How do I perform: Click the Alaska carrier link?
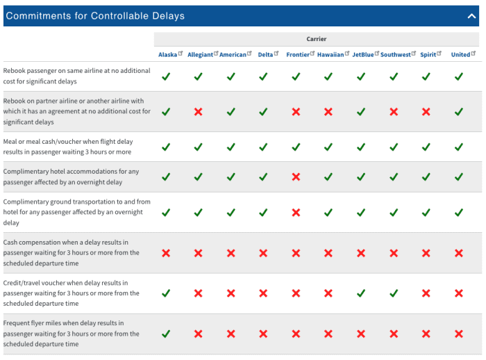tap(167, 55)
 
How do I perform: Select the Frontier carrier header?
tap(298, 55)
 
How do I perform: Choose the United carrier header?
tap(460, 55)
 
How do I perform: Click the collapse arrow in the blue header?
tap(472, 16)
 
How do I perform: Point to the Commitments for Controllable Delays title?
tap(95, 16)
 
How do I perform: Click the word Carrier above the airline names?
tap(317, 40)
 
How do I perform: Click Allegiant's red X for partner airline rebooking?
tap(198, 111)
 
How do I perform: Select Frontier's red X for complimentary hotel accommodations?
tap(296, 177)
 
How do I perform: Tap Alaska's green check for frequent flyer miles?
tap(166, 334)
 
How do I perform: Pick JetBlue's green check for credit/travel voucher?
tap(361, 293)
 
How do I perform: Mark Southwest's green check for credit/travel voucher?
tap(394, 293)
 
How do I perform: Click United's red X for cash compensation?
tap(458, 253)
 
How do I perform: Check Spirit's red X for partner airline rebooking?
tap(426, 111)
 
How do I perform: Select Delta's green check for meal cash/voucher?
tap(263, 147)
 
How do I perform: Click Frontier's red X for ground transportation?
tap(296, 213)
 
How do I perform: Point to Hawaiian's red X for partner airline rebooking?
tap(328, 111)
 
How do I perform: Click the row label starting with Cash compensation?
tap(72, 253)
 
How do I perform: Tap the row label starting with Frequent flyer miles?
tap(72, 334)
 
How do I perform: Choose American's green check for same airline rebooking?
tap(231, 76)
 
